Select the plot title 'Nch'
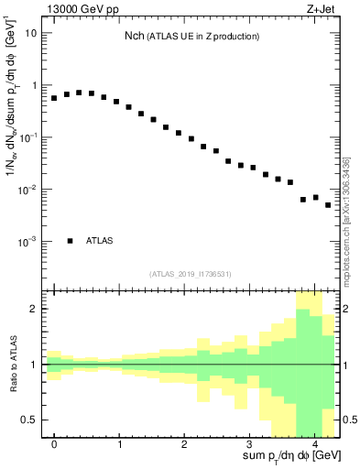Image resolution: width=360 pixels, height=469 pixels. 135,36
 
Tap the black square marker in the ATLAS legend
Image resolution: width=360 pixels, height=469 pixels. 70,241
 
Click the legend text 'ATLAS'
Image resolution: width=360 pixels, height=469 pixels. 101,241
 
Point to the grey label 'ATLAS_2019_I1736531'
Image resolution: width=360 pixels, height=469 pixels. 191,274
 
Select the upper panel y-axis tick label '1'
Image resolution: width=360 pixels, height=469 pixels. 34,85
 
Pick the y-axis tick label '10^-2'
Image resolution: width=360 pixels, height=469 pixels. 29,190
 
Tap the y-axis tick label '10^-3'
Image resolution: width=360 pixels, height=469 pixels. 29,242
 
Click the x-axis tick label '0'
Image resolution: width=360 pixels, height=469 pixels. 54,444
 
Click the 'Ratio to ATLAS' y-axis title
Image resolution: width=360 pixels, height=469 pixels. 12,365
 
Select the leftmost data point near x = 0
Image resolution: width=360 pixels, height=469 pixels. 54,97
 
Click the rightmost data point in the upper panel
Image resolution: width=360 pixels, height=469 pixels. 328,205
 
